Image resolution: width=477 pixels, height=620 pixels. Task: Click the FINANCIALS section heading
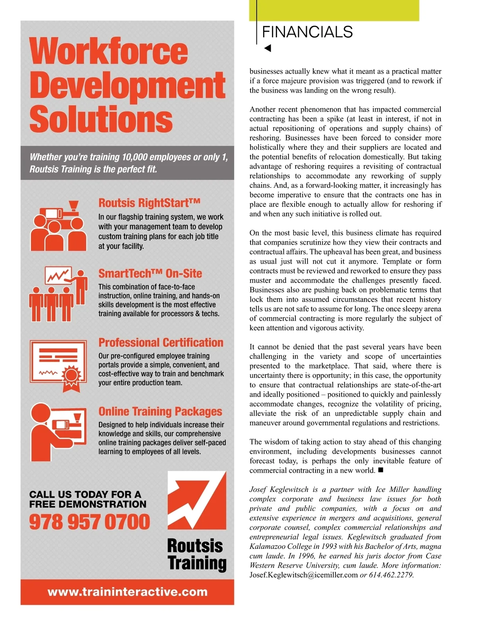pyautogui.click(x=307, y=32)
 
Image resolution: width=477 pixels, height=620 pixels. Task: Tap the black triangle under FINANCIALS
pyautogui.click(x=268, y=48)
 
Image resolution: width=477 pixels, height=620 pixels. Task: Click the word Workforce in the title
pyautogui.click(x=109, y=51)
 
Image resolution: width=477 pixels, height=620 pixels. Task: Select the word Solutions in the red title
pyautogui.click(x=101, y=119)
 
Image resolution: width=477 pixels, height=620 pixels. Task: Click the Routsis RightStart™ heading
pyautogui.click(x=149, y=203)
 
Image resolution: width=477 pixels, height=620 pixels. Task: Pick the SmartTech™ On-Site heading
pyautogui.click(x=150, y=273)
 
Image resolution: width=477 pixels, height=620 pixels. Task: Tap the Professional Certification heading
pyautogui.click(x=161, y=343)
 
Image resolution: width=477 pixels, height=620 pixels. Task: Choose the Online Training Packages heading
pyautogui.click(x=160, y=411)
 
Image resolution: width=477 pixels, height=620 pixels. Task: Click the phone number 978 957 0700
pyautogui.click(x=89, y=522)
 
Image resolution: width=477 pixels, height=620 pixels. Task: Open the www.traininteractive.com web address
pyautogui.click(x=127, y=592)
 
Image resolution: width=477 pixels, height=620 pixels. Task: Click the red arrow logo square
pyautogui.click(x=197, y=500)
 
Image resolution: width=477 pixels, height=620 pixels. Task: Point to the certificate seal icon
pyautogui.click(x=72, y=376)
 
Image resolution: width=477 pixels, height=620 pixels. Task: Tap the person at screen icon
pyautogui.click(x=58, y=432)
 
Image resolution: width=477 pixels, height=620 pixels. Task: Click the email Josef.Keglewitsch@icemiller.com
pyautogui.click(x=304, y=575)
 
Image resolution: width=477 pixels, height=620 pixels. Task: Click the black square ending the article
pyautogui.click(x=380, y=470)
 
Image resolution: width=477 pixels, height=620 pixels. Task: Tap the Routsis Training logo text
pyautogui.click(x=197, y=555)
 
